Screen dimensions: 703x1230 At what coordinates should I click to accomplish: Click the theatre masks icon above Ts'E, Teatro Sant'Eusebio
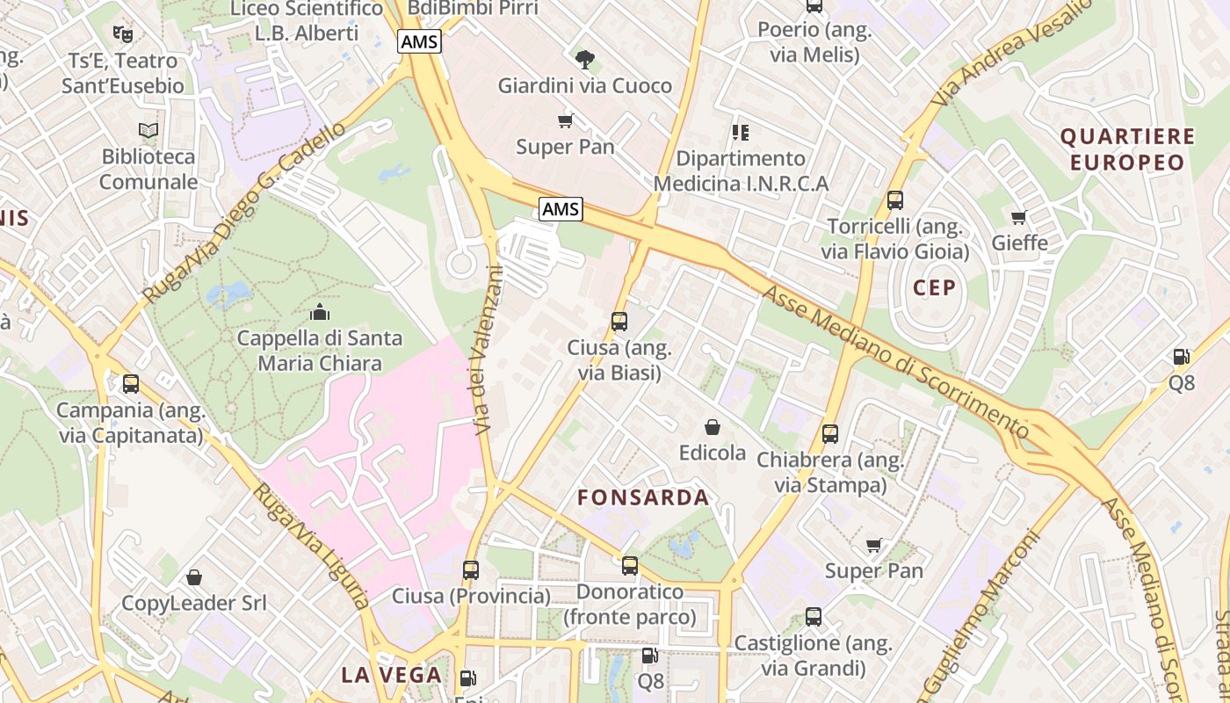click(123, 34)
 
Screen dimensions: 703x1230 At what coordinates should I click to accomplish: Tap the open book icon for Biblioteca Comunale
click(148, 131)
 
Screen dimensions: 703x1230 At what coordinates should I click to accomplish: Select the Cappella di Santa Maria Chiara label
click(320, 351)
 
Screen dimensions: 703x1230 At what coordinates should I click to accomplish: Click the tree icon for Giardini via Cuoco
click(584, 60)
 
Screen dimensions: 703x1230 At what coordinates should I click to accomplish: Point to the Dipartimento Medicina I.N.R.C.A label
click(741, 171)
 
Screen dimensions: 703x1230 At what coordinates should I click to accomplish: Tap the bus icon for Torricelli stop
click(895, 200)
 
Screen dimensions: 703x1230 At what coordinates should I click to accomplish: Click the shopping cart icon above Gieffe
click(1019, 217)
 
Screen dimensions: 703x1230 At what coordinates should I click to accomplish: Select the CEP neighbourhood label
click(934, 288)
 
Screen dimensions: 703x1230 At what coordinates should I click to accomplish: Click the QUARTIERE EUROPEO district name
click(1127, 149)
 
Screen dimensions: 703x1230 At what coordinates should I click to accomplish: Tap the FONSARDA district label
click(643, 497)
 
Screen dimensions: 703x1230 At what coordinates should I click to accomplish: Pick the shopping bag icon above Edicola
click(712, 427)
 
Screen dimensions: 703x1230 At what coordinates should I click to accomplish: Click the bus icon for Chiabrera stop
click(829, 434)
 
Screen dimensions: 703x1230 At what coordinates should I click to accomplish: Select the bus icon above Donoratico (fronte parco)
click(629, 566)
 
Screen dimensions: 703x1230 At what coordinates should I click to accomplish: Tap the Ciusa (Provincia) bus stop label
click(471, 596)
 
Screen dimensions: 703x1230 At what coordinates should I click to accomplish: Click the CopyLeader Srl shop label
click(193, 603)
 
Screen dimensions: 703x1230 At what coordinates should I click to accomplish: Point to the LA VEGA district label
click(391, 675)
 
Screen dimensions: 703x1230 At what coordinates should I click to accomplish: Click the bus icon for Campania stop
click(130, 384)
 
